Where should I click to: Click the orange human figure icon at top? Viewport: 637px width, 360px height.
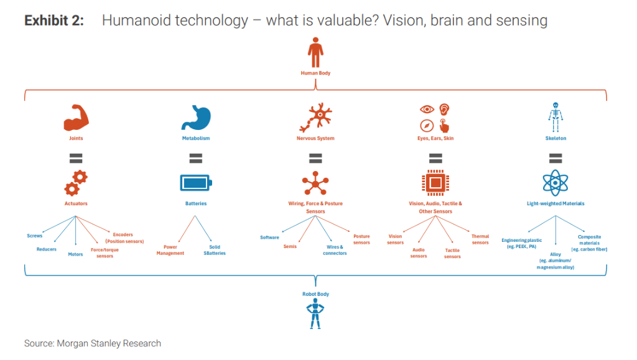(x=315, y=52)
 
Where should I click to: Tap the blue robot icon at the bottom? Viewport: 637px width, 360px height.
(x=315, y=315)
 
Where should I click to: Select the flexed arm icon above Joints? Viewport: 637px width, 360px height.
(x=76, y=118)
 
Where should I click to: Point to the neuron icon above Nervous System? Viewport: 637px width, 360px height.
(x=315, y=117)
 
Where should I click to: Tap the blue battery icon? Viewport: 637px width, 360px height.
(x=195, y=183)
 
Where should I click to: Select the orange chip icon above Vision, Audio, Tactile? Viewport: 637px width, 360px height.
(x=435, y=183)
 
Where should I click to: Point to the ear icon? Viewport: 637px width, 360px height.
(x=444, y=109)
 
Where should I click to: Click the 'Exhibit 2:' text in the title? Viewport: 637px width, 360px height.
(x=53, y=21)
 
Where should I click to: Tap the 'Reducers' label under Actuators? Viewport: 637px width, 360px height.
(x=47, y=249)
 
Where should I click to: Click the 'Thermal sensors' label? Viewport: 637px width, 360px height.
(x=480, y=239)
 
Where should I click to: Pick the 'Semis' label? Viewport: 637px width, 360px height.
(x=290, y=247)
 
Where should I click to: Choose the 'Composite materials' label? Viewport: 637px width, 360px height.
(x=589, y=243)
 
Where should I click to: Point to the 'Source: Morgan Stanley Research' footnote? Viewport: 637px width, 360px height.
(x=93, y=343)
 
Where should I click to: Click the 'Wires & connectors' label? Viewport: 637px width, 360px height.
(x=335, y=250)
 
